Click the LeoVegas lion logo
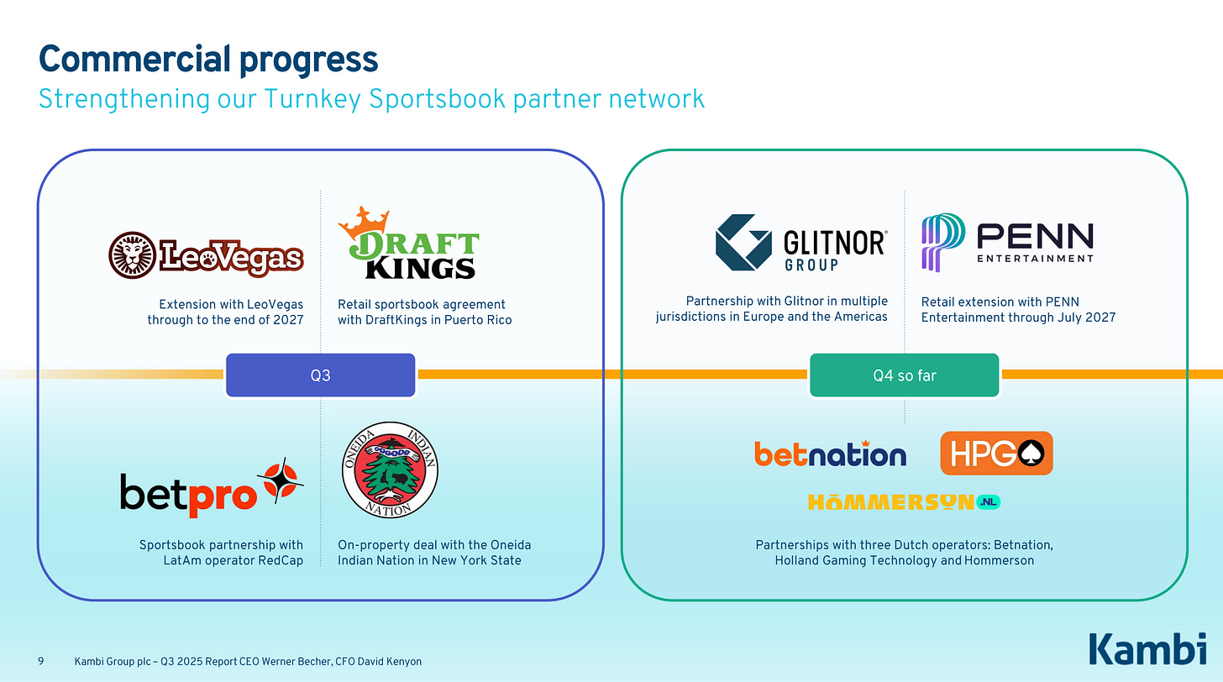206,254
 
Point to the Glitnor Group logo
800,243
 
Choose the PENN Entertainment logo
1007,242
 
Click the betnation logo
830,454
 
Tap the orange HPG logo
996,454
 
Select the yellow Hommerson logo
904,502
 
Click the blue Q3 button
320,375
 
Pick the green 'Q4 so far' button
904,375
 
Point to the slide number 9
41,662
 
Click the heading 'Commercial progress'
208,60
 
